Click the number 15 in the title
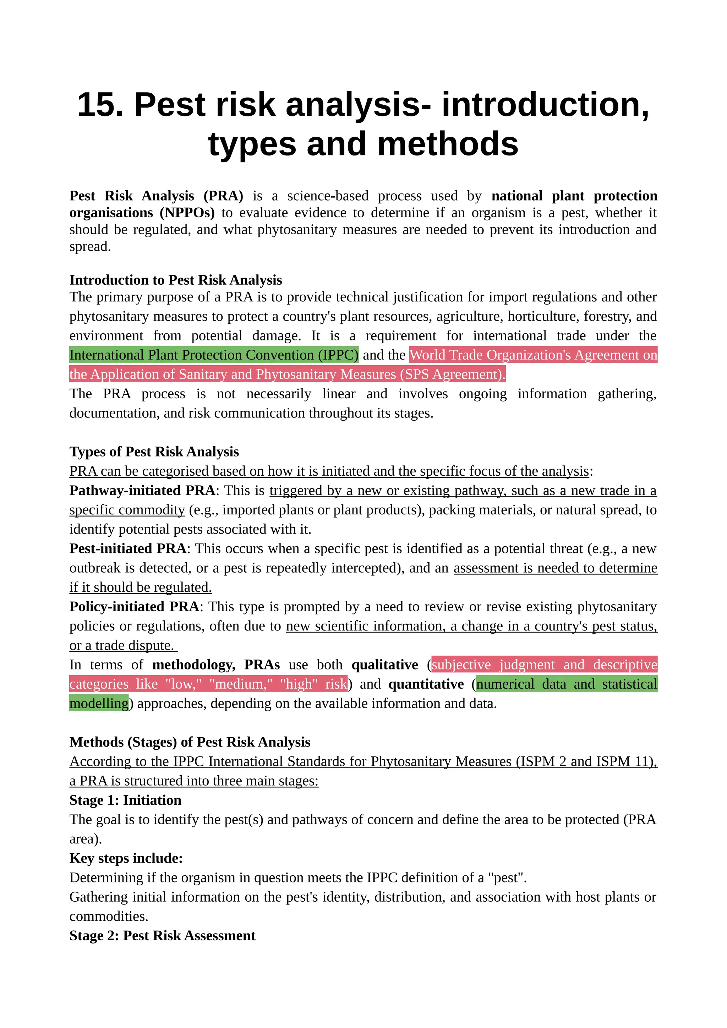pos(99,105)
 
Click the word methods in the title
pos(448,144)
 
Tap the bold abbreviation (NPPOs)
pos(187,213)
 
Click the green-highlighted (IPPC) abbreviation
pos(338,355)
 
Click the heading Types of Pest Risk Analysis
pos(154,452)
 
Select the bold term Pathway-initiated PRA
pos(142,491)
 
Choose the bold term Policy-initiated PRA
pos(134,607)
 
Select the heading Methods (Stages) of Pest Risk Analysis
pos(190,742)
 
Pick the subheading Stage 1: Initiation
pos(125,800)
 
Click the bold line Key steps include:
pos(126,858)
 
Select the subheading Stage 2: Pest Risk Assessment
pos(162,936)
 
